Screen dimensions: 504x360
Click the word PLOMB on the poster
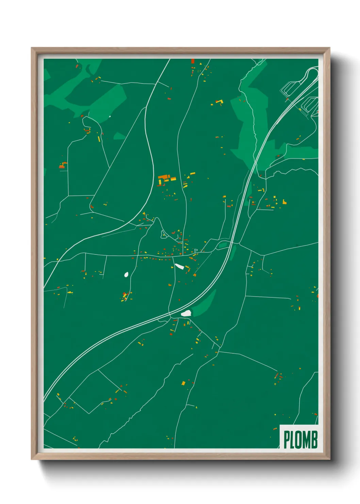pyautogui.click(x=300, y=439)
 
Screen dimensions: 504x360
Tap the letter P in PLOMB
pyautogui.click(x=287, y=440)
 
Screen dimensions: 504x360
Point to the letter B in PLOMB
pyautogui.click(x=314, y=439)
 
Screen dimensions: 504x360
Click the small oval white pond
pyautogui.click(x=126, y=274)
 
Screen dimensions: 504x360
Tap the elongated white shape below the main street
pyautogui.click(x=179, y=266)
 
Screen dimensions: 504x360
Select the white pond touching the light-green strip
pyautogui.click(x=186, y=313)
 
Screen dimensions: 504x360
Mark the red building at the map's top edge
pyautogui.click(x=193, y=61)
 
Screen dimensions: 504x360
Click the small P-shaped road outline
pyautogui.click(x=196, y=251)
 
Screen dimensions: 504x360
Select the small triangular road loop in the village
pyautogui.click(x=164, y=234)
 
